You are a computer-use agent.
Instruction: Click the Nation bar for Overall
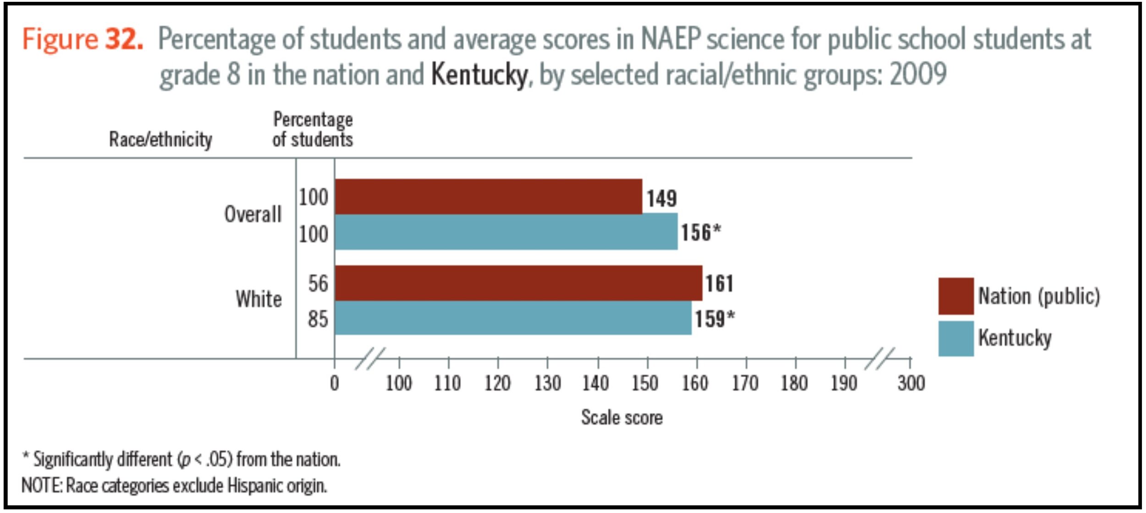click(x=488, y=196)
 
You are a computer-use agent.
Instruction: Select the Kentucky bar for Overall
click(x=506, y=232)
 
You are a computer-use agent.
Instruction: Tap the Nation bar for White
click(x=518, y=283)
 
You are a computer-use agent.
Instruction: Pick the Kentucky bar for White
click(x=512, y=318)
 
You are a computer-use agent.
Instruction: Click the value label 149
click(x=661, y=199)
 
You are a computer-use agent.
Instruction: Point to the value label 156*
click(x=700, y=232)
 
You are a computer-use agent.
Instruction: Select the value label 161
click(x=719, y=283)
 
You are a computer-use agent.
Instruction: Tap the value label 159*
click(x=714, y=319)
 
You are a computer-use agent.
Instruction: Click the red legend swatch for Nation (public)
click(x=956, y=296)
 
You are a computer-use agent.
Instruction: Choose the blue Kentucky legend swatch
click(x=956, y=339)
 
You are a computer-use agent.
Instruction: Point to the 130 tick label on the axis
click(x=547, y=383)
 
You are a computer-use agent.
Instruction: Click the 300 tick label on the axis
click(x=911, y=383)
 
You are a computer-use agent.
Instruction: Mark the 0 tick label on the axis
click(x=335, y=383)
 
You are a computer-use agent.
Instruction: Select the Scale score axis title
click(x=622, y=418)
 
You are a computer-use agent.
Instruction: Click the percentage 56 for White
click(x=318, y=284)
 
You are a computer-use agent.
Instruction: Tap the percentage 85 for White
click(x=318, y=319)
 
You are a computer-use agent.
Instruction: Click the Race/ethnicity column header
click(x=160, y=139)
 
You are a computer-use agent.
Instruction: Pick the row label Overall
click(x=253, y=214)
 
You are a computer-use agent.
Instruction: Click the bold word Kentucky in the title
click(x=479, y=75)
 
